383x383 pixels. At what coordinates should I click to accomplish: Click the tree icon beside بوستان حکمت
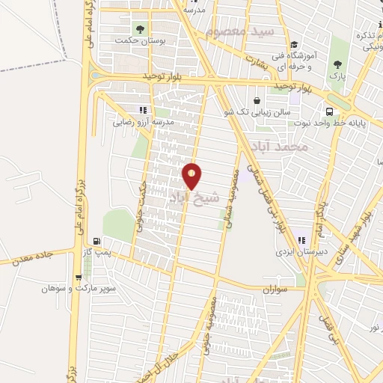coord(139,28)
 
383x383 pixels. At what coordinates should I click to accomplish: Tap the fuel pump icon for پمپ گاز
coord(96,241)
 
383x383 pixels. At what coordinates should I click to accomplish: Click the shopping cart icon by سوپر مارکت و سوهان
coord(78,276)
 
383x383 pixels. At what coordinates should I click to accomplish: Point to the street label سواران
coord(275,288)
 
